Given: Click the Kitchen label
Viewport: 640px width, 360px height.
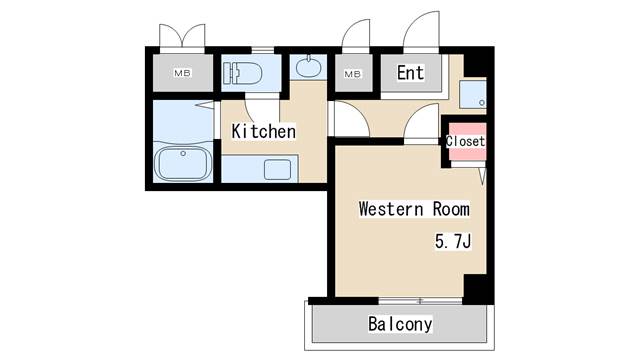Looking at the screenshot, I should tap(264, 131).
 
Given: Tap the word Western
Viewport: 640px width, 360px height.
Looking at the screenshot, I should tap(386, 210).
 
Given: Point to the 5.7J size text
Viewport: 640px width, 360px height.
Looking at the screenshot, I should tap(451, 242).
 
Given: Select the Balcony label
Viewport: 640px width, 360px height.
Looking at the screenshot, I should tap(399, 324).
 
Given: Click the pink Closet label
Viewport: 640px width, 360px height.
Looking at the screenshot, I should tap(465, 142).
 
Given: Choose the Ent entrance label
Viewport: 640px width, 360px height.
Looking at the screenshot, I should tap(410, 73).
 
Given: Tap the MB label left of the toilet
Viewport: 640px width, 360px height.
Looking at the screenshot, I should tap(183, 73).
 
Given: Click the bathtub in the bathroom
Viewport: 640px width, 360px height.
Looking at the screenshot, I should tap(182, 162).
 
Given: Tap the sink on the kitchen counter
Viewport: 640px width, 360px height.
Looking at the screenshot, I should tap(277, 168).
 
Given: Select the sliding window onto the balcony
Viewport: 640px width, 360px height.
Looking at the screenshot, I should tap(420, 299).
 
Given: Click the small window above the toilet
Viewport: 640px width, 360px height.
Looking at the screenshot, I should tap(262, 49).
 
